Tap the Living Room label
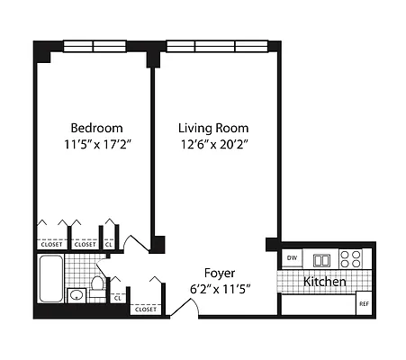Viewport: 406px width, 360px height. click(212, 128)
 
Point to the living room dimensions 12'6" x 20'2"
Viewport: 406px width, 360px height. click(212, 144)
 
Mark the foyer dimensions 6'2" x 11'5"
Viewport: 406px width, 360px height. click(220, 289)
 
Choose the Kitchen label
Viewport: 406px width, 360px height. click(325, 282)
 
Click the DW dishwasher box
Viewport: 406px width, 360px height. click(292, 258)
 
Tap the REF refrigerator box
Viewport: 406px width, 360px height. click(364, 303)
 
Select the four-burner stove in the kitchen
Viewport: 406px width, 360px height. click(351, 259)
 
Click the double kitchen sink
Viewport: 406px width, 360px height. click(321, 259)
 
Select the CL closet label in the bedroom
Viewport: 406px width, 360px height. click(110, 243)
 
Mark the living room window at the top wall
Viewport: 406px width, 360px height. click(214, 45)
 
